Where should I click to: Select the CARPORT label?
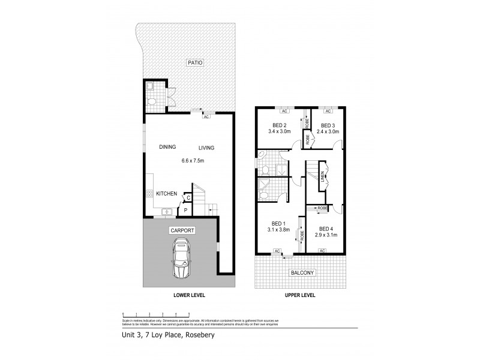click(x=181, y=229)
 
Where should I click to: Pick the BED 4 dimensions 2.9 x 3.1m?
click(x=326, y=235)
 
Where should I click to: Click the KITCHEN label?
click(x=166, y=194)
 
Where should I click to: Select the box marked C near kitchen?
click(x=188, y=197)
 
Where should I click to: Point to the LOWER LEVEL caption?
click(x=181, y=296)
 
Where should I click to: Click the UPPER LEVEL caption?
click(x=299, y=296)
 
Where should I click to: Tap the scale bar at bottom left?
click(x=156, y=314)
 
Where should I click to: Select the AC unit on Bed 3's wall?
click(x=328, y=111)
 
